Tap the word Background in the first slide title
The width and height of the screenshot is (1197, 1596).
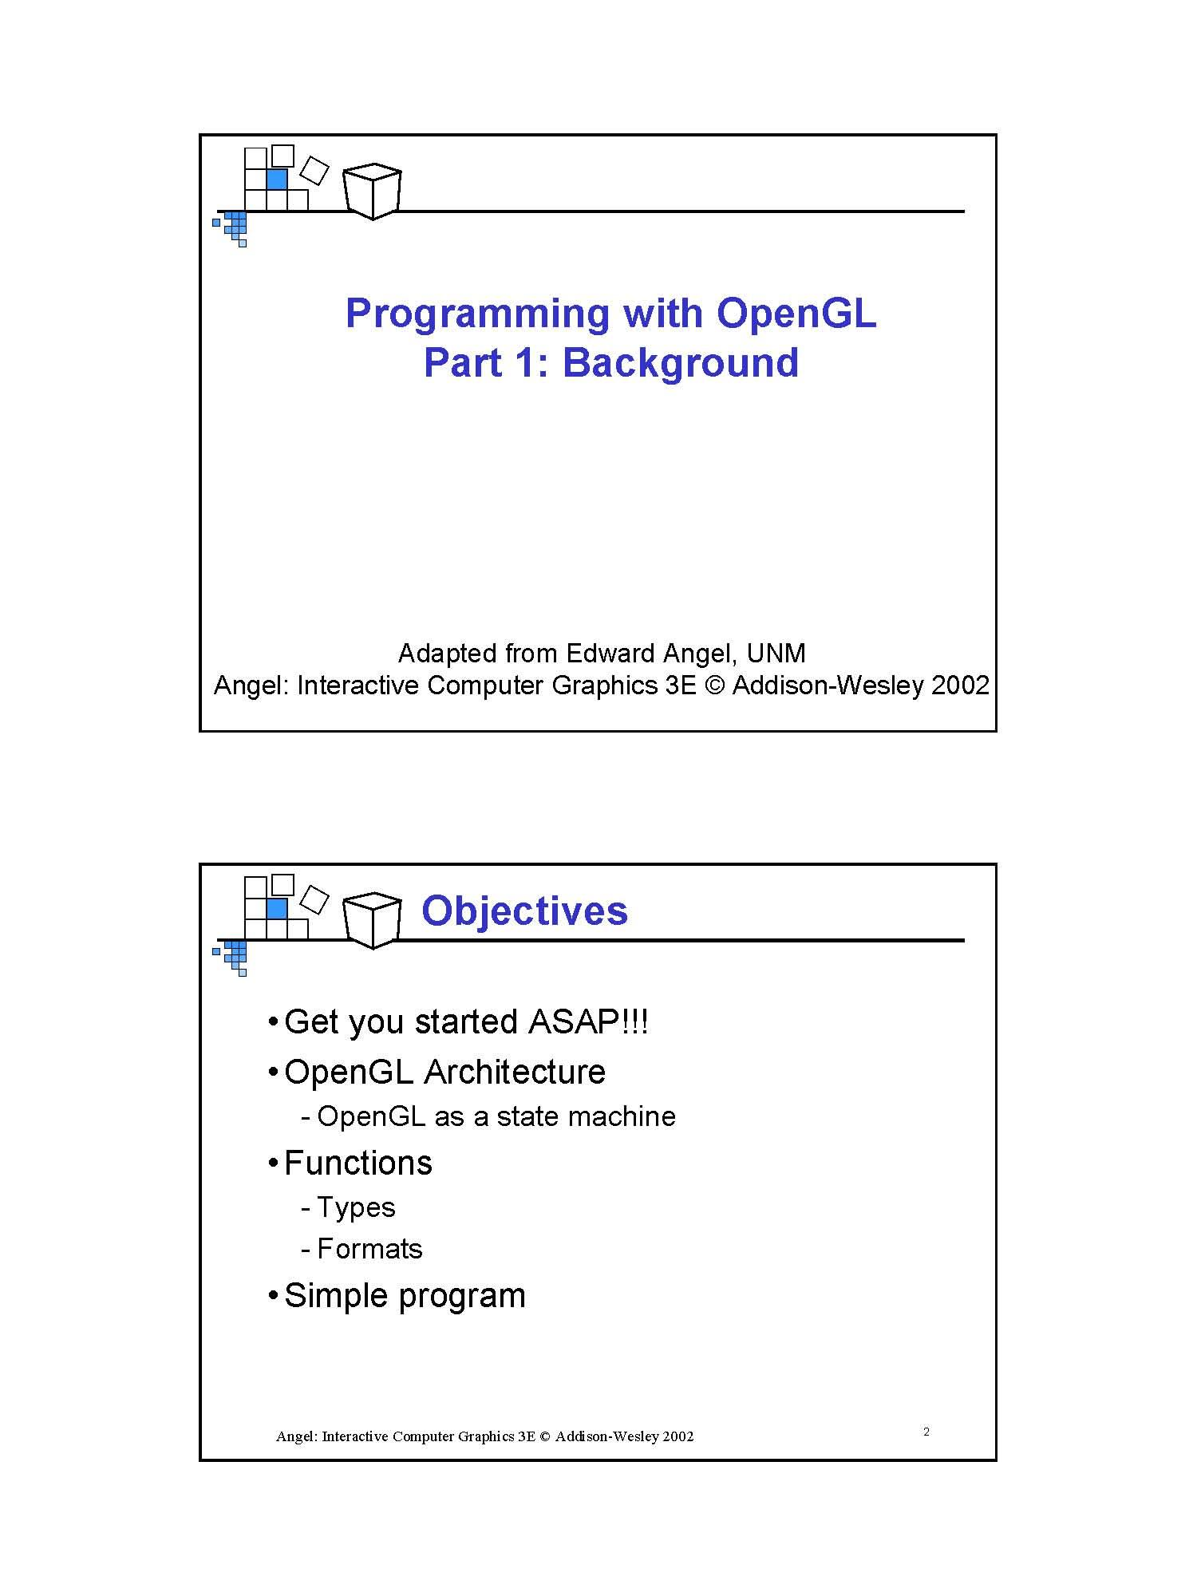pos(681,363)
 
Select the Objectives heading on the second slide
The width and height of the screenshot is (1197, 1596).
pos(524,911)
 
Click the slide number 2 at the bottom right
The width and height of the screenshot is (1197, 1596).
pos(926,1432)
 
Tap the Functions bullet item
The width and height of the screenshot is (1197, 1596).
pos(358,1163)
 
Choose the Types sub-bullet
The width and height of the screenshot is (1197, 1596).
pos(356,1207)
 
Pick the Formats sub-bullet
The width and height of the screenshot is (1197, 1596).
pos(369,1249)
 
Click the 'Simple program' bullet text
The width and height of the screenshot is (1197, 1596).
pos(405,1296)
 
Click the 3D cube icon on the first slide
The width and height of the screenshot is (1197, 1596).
pos(372,192)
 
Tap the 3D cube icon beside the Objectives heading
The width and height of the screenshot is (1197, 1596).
pos(372,920)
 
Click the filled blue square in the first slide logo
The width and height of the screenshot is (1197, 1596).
pos(277,179)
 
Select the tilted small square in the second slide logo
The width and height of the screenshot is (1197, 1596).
pos(314,899)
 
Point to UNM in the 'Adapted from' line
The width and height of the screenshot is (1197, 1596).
pos(776,654)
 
